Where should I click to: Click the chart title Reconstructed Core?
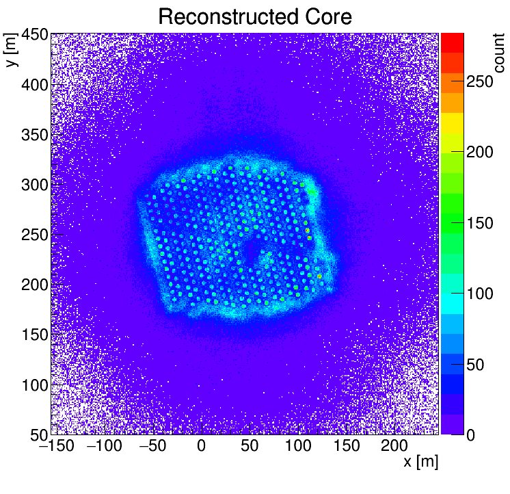[254, 16]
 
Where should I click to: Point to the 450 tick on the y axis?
[34, 34]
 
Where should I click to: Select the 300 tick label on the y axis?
[34, 185]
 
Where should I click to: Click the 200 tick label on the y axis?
[34, 285]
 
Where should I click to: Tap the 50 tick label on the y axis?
[39, 434]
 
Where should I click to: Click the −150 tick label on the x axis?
[53, 447]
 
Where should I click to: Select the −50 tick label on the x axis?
[151, 447]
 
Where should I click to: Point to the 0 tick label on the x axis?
[201, 447]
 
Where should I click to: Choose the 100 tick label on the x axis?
[297, 447]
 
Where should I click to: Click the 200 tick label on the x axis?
[394, 447]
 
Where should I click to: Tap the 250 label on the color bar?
[480, 81]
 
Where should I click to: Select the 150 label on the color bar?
[480, 223]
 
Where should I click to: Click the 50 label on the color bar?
[475, 365]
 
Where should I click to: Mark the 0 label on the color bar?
[471, 435]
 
